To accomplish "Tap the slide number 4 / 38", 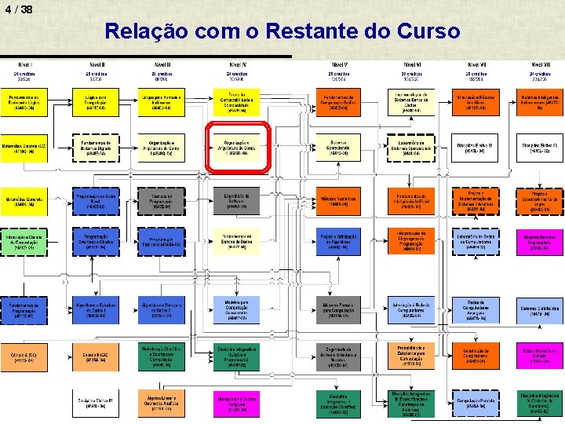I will pos(18,9).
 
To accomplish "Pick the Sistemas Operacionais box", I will pos(338,147).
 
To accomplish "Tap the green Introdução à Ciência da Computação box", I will pos(25,242).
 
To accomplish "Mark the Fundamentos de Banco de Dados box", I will pos(237,242).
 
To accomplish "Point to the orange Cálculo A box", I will pos(25,357).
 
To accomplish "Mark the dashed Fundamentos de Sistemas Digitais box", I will pos(95,147).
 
